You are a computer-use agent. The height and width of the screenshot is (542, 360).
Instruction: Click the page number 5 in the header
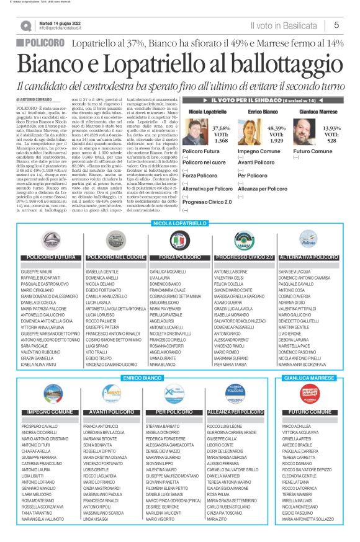tap(336, 25)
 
